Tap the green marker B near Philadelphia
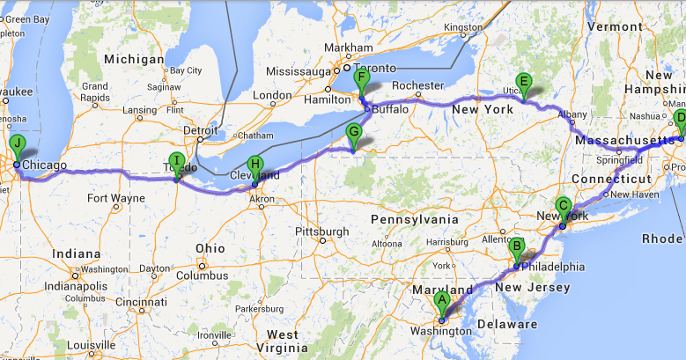[518, 248]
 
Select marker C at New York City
[564, 207]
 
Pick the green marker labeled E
[524, 84]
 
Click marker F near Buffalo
[360, 78]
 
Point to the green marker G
[354, 134]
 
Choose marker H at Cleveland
[255, 165]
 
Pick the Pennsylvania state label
[415, 218]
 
